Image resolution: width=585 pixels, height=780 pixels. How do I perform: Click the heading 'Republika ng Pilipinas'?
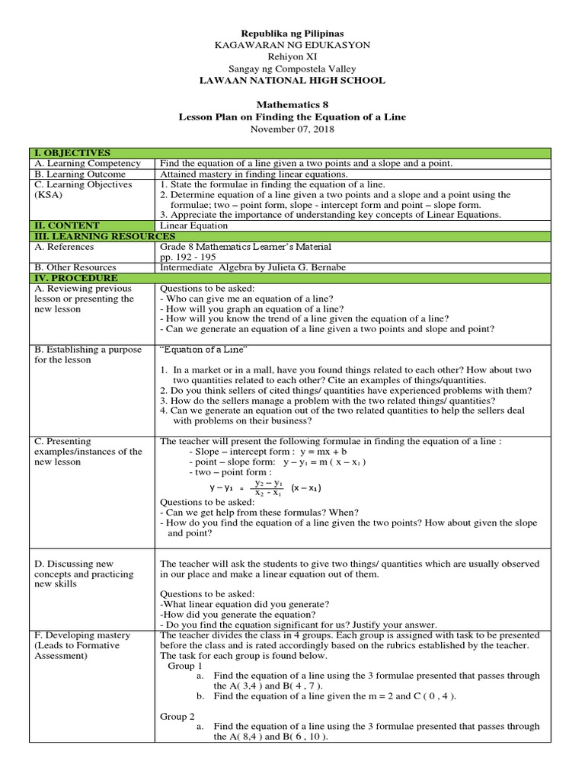tap(292, 34)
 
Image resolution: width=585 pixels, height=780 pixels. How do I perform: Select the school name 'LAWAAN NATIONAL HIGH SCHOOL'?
tap(292, 80)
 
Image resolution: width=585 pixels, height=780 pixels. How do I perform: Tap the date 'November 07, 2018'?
tap(292, 129)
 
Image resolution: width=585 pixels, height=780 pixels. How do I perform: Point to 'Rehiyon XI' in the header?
tap(292, 57)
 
